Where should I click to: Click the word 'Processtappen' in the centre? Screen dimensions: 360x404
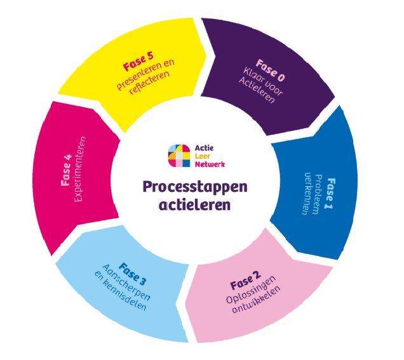196,187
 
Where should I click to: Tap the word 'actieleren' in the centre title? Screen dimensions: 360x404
196,206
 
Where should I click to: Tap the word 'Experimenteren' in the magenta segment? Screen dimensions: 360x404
80,168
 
